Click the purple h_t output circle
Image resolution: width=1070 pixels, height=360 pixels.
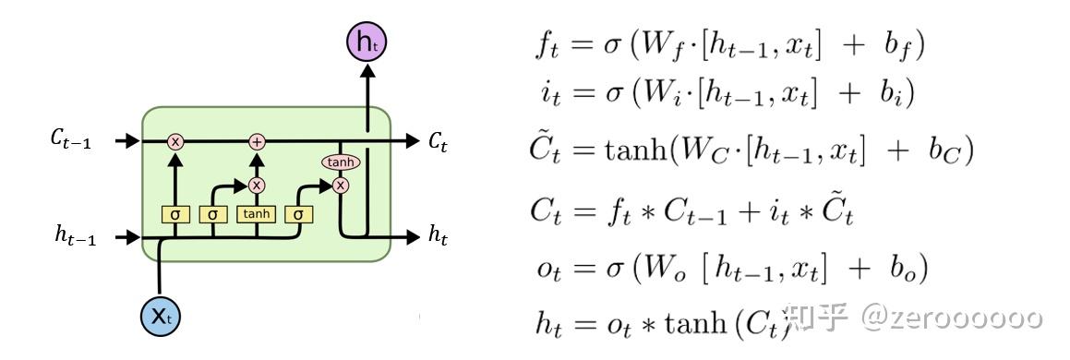(366, 42)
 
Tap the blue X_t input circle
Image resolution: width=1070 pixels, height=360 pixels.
(161, 317)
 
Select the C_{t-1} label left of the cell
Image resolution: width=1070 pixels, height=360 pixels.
(70, 141)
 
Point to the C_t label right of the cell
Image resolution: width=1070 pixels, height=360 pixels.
(439, 141)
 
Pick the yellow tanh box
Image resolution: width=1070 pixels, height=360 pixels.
(256, 214)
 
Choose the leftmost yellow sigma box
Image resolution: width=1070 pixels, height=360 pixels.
(175, 214)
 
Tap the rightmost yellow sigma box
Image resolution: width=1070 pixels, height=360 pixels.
(297, 214)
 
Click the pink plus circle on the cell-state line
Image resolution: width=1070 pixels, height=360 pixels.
(257, 141)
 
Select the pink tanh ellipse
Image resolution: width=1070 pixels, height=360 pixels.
(340, 162)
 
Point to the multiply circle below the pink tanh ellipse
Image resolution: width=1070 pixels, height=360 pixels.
(340, 185)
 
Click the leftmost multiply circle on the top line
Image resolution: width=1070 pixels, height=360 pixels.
(175, 141)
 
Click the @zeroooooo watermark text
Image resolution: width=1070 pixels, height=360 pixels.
(951, 318)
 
